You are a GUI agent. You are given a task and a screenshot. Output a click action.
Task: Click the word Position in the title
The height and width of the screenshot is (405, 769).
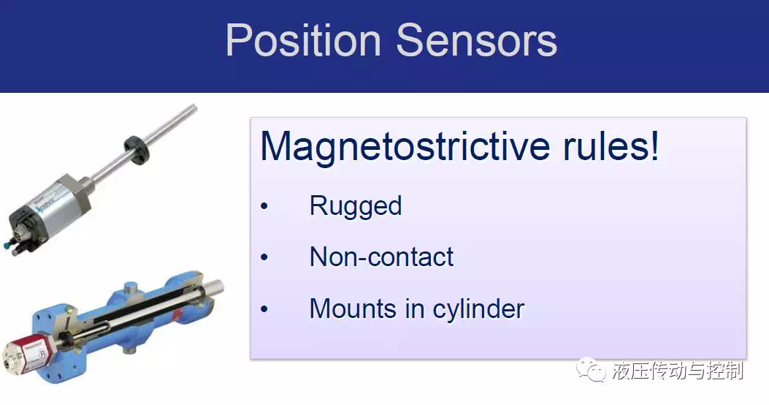tap(303, 40)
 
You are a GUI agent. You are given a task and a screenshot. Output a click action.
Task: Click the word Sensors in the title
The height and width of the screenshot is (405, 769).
tap(477, 40)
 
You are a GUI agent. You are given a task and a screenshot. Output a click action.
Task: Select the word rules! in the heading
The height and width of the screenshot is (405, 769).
tap(610, 145)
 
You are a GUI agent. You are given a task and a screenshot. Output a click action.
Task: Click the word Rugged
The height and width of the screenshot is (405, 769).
tap(356, 206)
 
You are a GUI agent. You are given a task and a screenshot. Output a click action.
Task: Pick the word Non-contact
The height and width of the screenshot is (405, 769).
tap(381, 257)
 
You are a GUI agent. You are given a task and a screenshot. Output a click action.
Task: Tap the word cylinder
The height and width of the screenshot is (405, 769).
tap(478, 310)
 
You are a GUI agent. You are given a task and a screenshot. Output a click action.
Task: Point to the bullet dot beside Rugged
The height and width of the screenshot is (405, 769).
tap(265, 206)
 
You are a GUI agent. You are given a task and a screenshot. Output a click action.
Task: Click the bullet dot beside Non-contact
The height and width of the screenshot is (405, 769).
tap(265, 257)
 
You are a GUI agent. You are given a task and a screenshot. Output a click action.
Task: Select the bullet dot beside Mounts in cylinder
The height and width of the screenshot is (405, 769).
tap(265, 309)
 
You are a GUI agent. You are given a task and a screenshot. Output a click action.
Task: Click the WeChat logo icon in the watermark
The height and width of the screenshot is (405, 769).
tap(592, 370)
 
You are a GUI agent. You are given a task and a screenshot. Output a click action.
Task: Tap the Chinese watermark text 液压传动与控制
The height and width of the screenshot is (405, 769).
tap(678, 371)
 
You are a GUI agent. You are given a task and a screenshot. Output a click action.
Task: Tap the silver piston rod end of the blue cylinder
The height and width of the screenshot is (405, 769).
tap(213, 289)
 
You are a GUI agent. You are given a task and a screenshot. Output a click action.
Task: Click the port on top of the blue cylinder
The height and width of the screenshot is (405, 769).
tap(131, 287)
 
